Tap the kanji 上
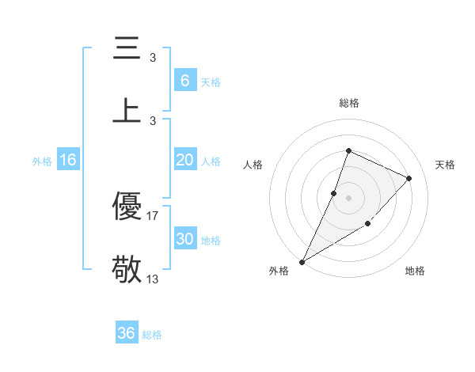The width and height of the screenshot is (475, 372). point(127,110)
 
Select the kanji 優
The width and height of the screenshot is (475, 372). point(127,207)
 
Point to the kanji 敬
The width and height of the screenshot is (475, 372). point(127,269)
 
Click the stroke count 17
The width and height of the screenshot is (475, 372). point(153,214)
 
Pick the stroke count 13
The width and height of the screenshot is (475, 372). point(153,278)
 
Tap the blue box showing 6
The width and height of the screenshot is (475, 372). point(184,81)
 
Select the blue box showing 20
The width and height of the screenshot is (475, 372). point(184,160)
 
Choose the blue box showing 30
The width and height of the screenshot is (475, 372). point(184,239)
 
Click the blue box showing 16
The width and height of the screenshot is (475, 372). point(68,160)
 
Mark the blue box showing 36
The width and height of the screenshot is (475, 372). point(127,333)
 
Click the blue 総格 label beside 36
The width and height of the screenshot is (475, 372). point(152,335)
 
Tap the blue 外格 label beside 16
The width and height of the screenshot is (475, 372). point(42,161)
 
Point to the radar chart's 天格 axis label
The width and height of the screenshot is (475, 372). point(445,165)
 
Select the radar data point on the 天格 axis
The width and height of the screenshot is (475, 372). point(409,178)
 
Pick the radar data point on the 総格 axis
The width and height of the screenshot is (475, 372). point(348,150)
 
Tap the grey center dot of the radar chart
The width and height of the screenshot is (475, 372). point(348,198)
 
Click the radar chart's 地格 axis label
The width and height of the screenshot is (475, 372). point(415,271)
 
